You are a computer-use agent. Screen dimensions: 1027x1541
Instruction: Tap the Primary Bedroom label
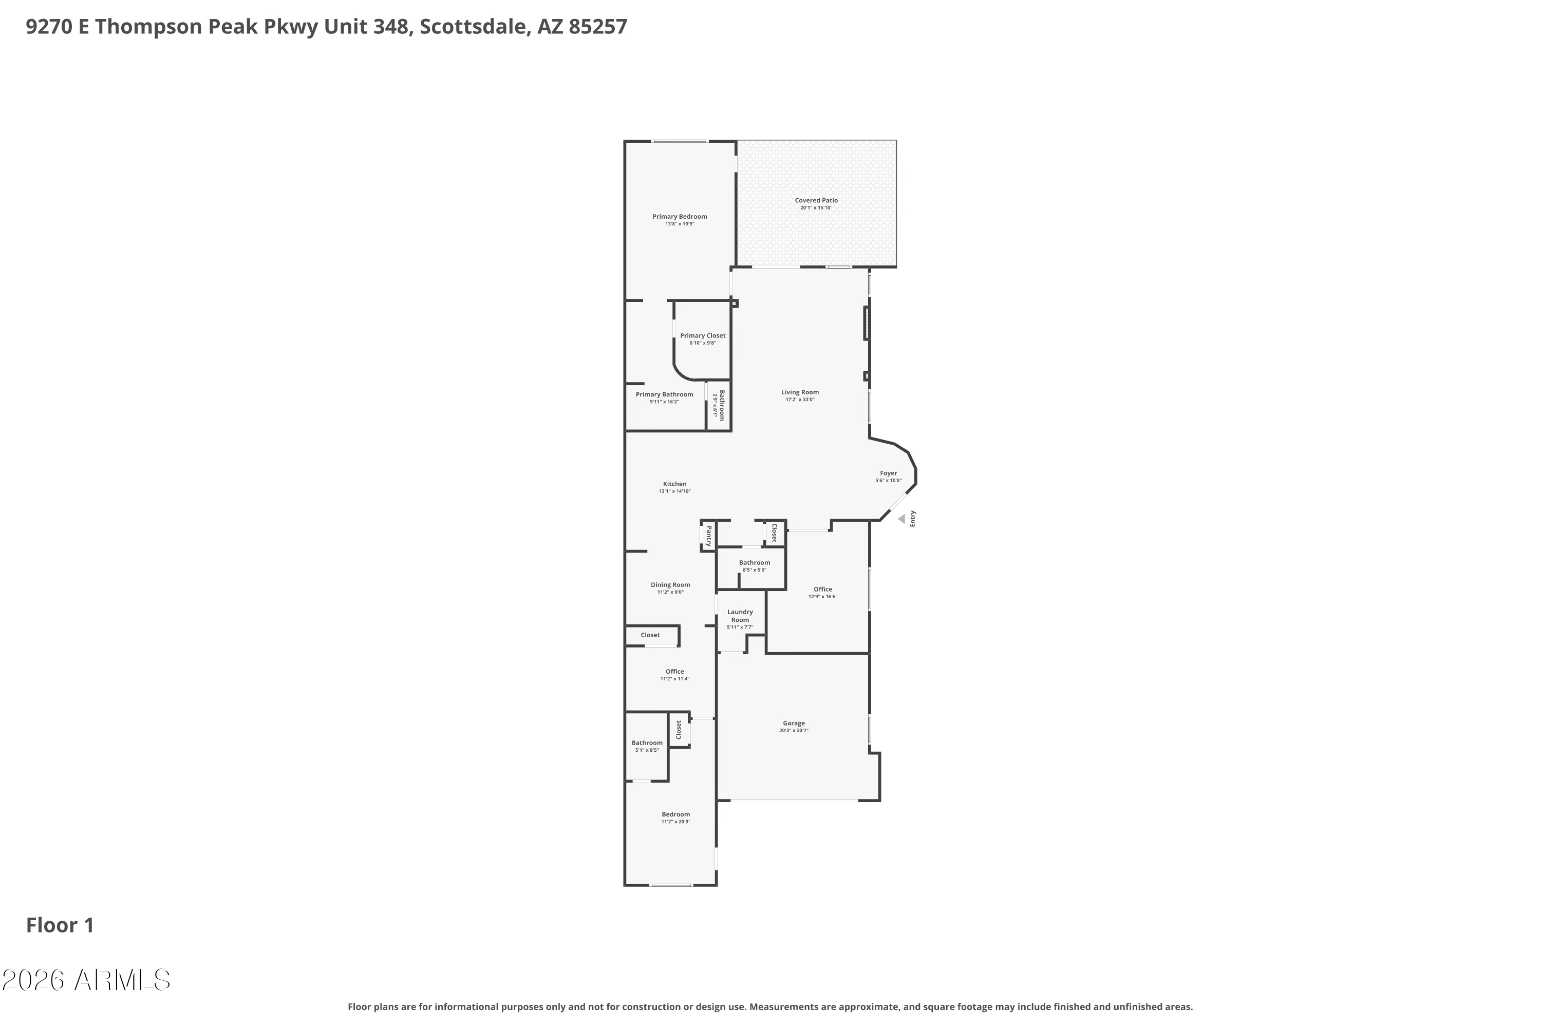click(680, 217)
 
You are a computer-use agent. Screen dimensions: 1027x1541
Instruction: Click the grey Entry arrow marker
click(901, 519)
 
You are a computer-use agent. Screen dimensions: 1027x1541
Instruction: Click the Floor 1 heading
click(60, 925)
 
